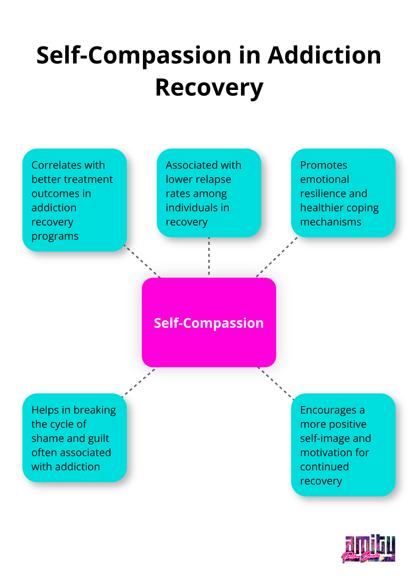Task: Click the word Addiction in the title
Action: click(324, 55)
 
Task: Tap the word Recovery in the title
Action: click(209, 88)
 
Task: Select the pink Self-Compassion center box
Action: click(209, 322)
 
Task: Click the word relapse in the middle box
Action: click(214, 180)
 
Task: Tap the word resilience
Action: click(322, 194)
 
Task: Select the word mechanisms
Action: click(330, 222)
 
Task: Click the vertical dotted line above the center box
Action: click(209, 257)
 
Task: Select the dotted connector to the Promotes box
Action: click(277, 257)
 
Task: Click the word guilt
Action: click(99, 439)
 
